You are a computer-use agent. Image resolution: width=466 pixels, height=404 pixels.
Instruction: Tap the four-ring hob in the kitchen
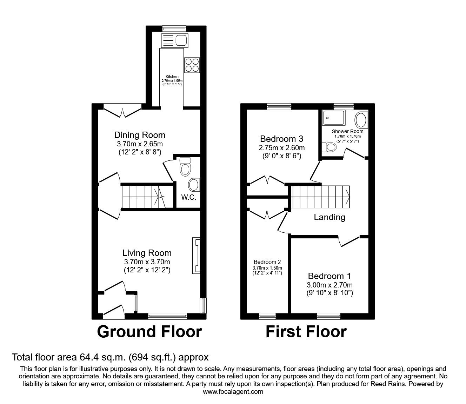(192, 65)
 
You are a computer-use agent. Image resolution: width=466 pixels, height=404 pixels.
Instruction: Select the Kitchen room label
(172, 77)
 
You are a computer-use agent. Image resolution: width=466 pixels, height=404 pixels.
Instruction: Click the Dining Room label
(140, 135)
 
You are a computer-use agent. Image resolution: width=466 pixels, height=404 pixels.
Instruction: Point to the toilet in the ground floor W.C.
(185, 167)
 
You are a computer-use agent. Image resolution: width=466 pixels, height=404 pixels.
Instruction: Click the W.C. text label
(188, 197)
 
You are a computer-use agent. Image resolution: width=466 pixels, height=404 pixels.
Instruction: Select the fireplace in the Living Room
(196, 256)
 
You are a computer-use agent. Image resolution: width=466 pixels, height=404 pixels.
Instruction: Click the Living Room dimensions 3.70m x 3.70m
(147, 262)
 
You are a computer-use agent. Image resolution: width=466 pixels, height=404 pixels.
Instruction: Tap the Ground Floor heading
(149, 332)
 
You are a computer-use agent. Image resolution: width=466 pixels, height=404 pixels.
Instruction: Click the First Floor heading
(306, 332)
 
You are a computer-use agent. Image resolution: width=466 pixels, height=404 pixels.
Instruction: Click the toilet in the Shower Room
(330, 147)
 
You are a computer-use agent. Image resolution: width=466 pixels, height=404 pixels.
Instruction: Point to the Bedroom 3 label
(281, 138)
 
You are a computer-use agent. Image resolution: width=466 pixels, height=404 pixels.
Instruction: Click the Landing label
(329, 217)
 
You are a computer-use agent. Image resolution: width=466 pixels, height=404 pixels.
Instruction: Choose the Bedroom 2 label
(267, 262)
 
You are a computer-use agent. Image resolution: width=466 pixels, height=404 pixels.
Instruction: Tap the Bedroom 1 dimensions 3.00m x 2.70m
(330, 285)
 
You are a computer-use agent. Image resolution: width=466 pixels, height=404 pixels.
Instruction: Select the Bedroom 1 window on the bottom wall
(328, 316)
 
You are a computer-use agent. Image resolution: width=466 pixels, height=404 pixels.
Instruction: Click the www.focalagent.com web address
(233, 392)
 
